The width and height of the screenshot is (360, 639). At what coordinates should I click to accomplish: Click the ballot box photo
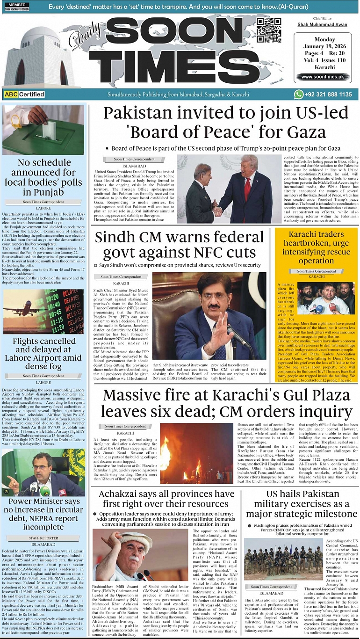43,130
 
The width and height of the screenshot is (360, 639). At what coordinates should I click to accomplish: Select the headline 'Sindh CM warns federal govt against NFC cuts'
180,245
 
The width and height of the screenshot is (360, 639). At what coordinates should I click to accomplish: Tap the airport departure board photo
43,311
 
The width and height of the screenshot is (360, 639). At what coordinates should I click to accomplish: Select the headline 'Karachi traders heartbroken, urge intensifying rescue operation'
316,247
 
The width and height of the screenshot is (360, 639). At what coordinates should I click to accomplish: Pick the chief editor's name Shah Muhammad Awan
323,24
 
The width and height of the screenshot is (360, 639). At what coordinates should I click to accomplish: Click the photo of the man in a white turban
140,555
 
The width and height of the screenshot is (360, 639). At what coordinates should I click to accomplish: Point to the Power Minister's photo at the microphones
43,472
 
